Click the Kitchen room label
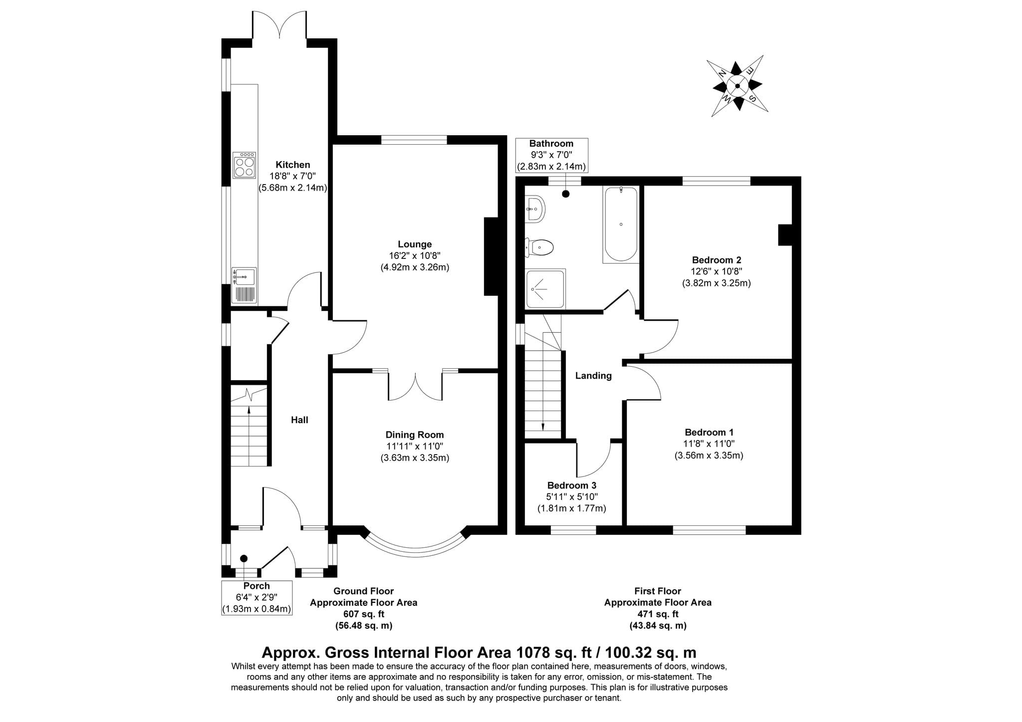click(x=293, y=165)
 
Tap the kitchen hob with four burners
click(x=245, y=165)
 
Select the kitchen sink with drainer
click(x=244, y=285)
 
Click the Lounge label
click(x=415, y=244)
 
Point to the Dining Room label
click(x=415, y=435)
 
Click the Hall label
click(x=299, y=420)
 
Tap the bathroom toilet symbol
click(x=539, y=247)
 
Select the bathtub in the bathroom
click(x=621, y=225)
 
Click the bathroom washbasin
click(x=535, y=209)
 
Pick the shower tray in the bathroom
click(x=545, y=289)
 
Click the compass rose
click(x=737, y=86)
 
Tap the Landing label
click(x=593, y=376)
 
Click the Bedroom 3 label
click(x=572, y=485)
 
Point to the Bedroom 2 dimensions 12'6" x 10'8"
click(x=717, y=272)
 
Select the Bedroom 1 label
click(x=709, y=433)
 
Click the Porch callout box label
click(x=256, y=598)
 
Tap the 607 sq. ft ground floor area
click(x=364, y=614)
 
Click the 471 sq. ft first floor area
click(x=658, y=614)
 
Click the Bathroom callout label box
click(x=551, y=156)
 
